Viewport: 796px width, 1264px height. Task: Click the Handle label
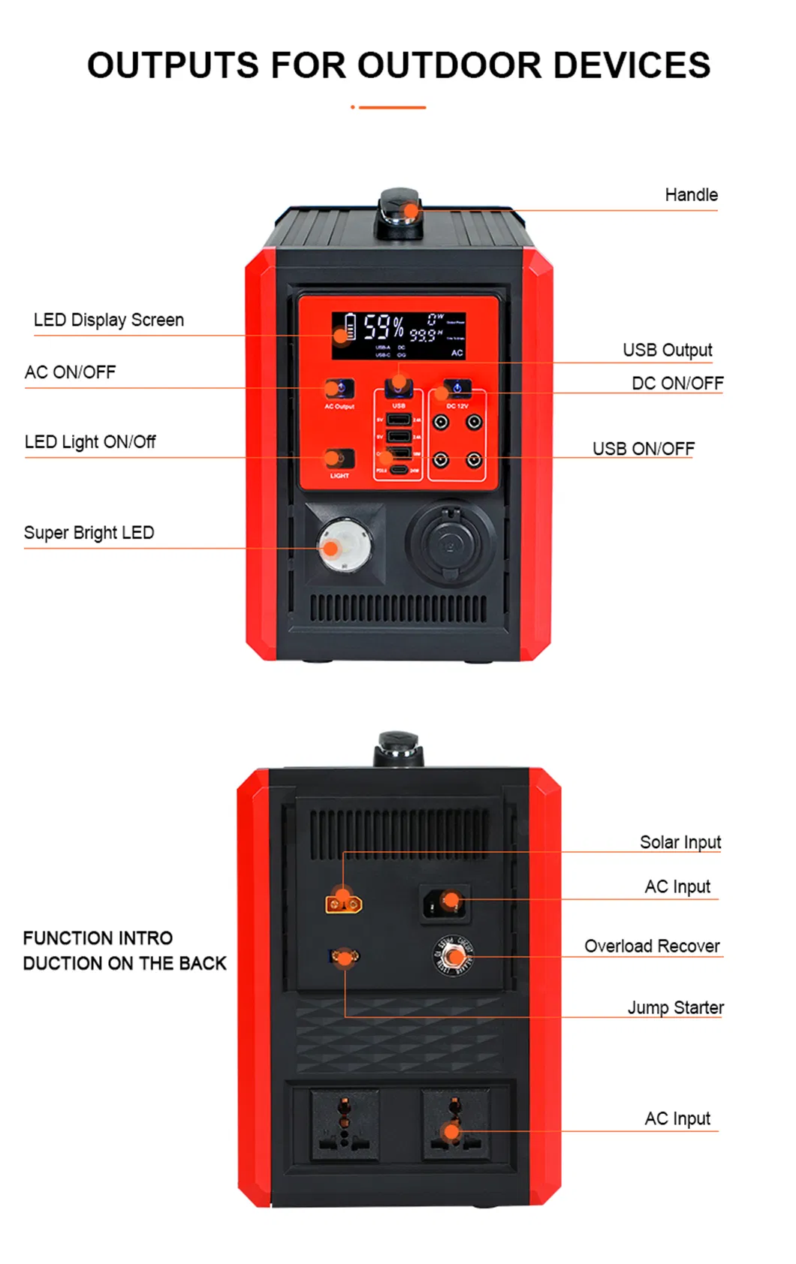(x=691, y=195)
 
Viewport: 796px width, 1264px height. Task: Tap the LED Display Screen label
(x=109, y=320)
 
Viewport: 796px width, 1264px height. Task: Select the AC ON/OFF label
(x=71, y=372)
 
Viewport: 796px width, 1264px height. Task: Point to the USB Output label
(x=667, y=350)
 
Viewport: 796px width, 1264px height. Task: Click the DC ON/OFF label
(x=677, y=384)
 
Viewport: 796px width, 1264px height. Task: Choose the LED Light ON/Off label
(x=90, y=442)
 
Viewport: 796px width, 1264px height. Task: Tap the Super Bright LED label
(x=89, y=533)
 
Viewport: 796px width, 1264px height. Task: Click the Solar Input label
(x=680, y=842)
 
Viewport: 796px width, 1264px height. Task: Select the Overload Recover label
(x=652, y=946)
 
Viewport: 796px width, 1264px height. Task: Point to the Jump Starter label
(x=675, y=1007)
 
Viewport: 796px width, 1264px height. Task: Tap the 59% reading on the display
(x=383, y=327)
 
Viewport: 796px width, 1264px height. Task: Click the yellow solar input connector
(x=343, y=903)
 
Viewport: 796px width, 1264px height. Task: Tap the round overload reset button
(x=453, y=956)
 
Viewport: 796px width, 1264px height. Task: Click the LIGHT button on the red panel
(x=339, y=458)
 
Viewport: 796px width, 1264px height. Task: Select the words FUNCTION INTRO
(x=98, y=938)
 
